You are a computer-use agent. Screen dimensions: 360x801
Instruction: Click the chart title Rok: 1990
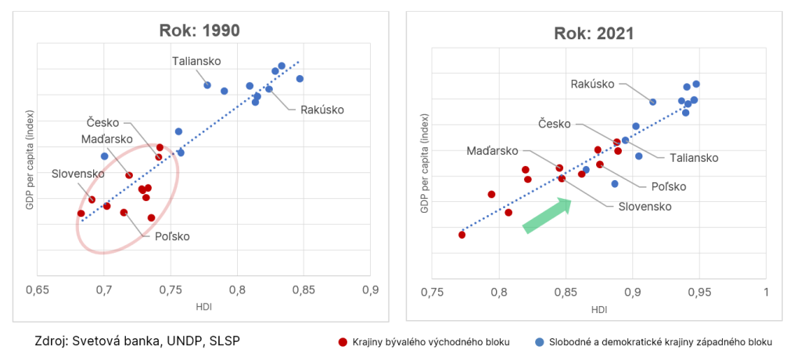pos(196,31)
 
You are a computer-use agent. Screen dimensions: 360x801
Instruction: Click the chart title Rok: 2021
pos(594,34)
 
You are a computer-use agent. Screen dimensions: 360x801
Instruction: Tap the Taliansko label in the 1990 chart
pos(197,61)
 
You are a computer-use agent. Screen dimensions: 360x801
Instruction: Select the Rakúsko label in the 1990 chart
pos(322,110)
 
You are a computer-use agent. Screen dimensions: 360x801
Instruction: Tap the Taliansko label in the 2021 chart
pos(694,157)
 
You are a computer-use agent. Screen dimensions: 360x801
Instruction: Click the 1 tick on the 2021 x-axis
pos(766,293)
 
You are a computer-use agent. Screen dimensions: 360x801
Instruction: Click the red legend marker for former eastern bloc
pos(342,342)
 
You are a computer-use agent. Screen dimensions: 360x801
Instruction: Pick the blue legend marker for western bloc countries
pos(539,342)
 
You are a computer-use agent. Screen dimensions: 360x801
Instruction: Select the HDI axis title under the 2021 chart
pos(599,308)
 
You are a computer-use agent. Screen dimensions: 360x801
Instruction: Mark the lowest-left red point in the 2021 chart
pos(462,235)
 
